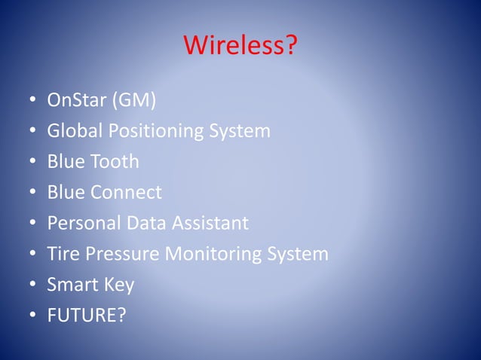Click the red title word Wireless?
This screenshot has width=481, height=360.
240,47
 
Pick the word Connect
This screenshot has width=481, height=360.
126,192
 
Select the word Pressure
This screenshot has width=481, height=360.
122,254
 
